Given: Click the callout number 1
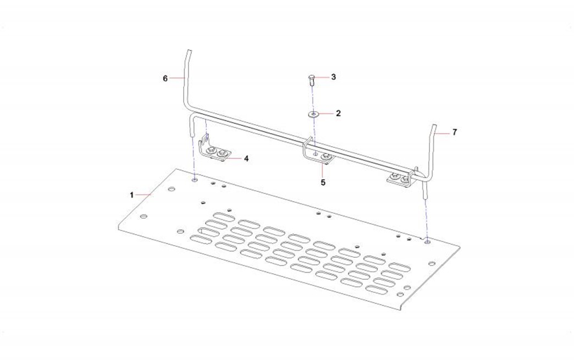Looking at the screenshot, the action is pyautogui.click(x=132, y=195).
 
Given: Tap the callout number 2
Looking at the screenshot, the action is pyautogui.click(x=338, y=113).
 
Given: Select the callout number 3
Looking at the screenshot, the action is pyautogui.click(x=333, y=77).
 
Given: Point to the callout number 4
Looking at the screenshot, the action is pyautogui.click(x=246, y=159).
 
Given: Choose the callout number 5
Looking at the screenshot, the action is pyautogui.click(x=323, y=182).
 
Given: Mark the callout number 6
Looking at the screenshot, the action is pyautogui.click(x=165, y=79).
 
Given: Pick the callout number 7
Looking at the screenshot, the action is pyautogui.click(x=455, y=132).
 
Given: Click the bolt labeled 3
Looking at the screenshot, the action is pyautogui.click(x=311, y=79).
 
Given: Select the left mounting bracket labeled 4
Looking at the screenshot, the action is pyautogui.click(x=213, y=150).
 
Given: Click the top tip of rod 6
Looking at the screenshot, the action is pyautogui.click(x=189, y=50).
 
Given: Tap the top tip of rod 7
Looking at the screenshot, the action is pyautogui.click(x=435, y=126).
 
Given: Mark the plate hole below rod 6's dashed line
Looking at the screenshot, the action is pyautogui.click(x=195, y=180).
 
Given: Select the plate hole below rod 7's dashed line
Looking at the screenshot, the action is pyautogui.click(x=427, y=242).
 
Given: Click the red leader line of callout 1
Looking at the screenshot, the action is pyautogui.click(x=144, y=195).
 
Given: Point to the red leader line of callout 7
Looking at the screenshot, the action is pyautogui.click(x=443, y=134).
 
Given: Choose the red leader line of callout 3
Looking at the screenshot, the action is pyautogui.click(x=322, y=77).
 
